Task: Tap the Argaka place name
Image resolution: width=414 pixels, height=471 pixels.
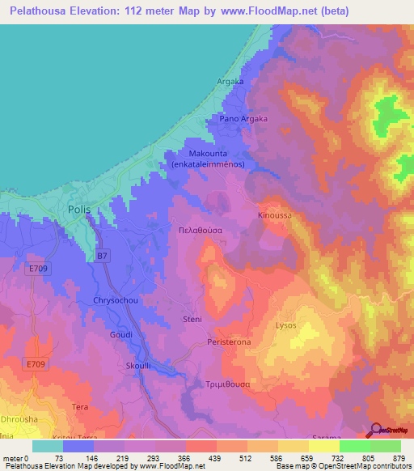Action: pos(230,82)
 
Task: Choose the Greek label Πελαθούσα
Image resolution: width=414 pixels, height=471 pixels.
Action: pos(211,230)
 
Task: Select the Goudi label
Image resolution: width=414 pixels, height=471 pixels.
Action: pos(120,334)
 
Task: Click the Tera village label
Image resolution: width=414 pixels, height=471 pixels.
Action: pos(80,406)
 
